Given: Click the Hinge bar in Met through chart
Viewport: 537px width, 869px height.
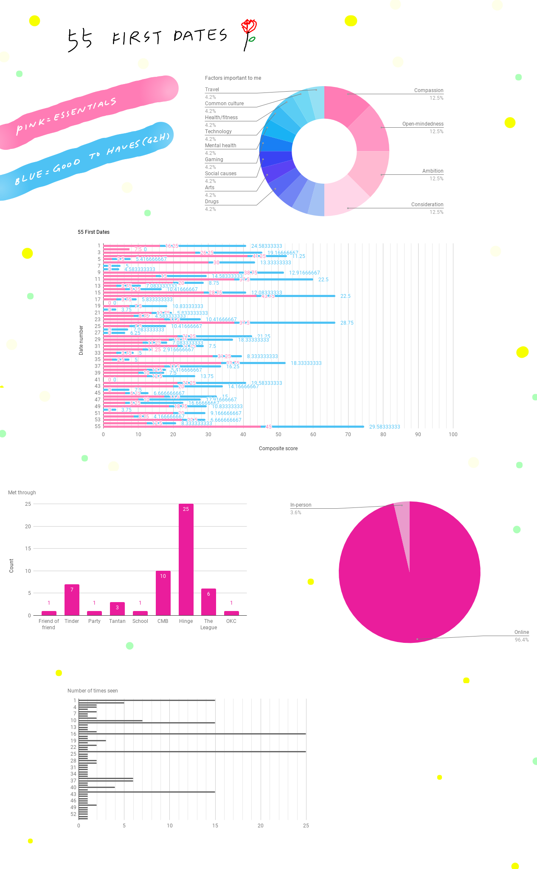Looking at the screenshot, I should [x=186, y=560].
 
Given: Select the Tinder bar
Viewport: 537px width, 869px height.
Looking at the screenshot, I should [x=72, y=600].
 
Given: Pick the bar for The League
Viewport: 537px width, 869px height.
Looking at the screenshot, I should [x=208, y=602].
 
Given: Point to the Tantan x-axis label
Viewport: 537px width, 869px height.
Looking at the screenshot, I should [x=117, y=621].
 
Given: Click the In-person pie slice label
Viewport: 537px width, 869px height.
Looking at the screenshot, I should [x=301, y=505].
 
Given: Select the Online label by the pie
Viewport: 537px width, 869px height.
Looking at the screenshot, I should [x=521, y=632].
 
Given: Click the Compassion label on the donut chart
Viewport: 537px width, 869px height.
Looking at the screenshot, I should [x=428, y=90].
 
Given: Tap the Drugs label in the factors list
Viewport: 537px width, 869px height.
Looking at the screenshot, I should [x=212, y=202].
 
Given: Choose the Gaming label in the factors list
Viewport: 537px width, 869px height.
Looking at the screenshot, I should [x=214, y=160].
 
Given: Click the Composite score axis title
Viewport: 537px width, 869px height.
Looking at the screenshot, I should [x=278, y=449].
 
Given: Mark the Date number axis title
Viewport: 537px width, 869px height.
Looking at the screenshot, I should [x=81, y=340].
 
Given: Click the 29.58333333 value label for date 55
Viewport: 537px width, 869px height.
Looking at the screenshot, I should [x=384, y=427].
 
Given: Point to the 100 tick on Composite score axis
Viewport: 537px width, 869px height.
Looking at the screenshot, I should [x=453, y=434].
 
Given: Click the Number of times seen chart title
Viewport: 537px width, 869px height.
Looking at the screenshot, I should [x=93, y=691].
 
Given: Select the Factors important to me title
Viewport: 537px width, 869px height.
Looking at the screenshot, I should [x=233, y=78].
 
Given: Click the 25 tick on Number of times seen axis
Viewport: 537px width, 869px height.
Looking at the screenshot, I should [x=306, y=826].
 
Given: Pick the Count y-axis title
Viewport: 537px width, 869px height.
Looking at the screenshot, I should [x=11, y=566].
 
